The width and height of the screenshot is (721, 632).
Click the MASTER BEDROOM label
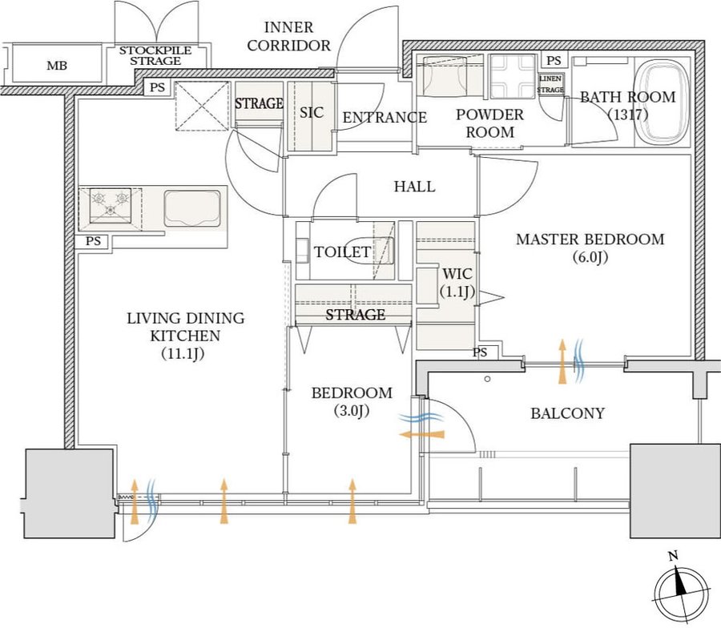point(590,239)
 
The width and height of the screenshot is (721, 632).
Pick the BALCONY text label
point(567,413)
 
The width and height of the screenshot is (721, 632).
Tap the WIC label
point(453,273)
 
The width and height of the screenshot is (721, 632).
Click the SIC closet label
point(311,113)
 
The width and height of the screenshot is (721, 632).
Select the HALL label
point(414,187)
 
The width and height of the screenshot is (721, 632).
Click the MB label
point(56,66)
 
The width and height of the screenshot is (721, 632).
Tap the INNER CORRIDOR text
point(288,37)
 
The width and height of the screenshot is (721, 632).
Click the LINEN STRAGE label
point(550,84)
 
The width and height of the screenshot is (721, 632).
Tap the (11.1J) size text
point(185,353)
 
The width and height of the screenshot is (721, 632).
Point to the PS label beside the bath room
point(553,61)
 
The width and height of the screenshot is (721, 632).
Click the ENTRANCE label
point(385,118)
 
